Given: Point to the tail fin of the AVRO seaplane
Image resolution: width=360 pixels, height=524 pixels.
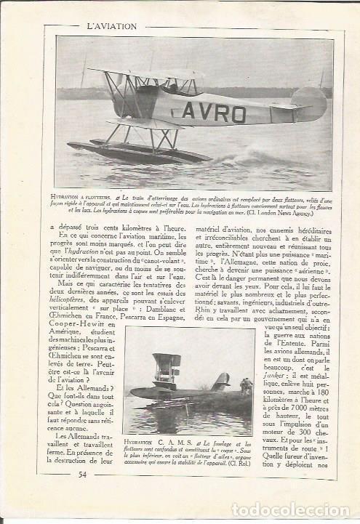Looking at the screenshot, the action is click(x=308, y=100).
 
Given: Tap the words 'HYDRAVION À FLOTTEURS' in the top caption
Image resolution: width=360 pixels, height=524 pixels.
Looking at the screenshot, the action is click(x=83, y=196).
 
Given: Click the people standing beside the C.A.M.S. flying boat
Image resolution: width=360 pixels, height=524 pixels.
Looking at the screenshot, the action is click(x=246, y=386).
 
